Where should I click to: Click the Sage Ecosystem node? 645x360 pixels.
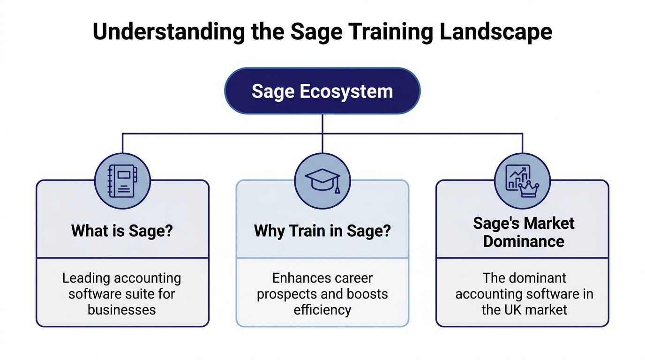[x=322, y=91]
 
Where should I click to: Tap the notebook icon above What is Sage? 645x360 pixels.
[x=122, y=181]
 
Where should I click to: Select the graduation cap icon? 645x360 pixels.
[x=322, y=181]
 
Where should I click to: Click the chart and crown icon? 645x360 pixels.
[x=522, y=181]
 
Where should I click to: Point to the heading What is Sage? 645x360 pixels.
[x=122, y=231]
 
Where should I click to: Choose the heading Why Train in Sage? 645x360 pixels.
[x=322, y=231]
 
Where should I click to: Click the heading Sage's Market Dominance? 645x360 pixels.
[x=523, y=232]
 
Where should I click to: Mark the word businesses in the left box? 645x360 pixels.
[x=122, y=310]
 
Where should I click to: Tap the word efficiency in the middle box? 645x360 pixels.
[x=322, y=310]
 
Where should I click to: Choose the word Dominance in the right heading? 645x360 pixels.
[x=523, y=241]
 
